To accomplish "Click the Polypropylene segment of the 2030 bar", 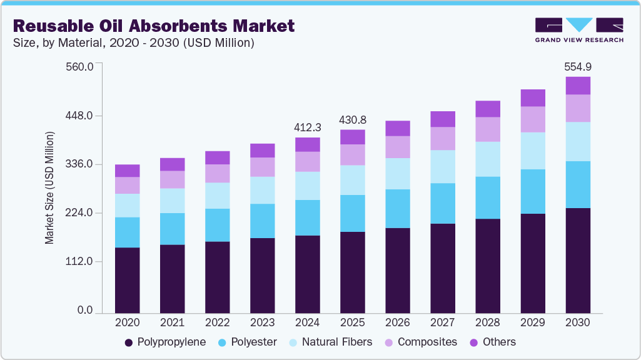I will [x=578, y=260].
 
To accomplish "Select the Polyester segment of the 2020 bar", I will [x=128, y=232].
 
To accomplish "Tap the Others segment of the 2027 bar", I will [x=443, y=119].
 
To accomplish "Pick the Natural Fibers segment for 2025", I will [x=353, y=180].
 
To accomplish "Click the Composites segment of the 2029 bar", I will [x=533, y=119].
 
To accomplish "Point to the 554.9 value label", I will [x=578, y=67].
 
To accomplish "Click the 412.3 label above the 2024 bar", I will [x=308, y=127].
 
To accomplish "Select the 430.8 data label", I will [x=353, y=119].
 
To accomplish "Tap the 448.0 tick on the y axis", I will [x=79, y=116].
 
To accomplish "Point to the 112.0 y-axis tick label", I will [x=79, y=262].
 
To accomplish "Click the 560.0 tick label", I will [x=79, y=67].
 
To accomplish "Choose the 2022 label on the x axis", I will [x=218, y=322].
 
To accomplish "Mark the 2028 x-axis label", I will [x=488, y=322].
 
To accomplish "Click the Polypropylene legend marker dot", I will [x=129, y=342].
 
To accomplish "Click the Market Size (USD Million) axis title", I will [x=49, y=187].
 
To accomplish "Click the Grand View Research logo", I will [x=579, y=29].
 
